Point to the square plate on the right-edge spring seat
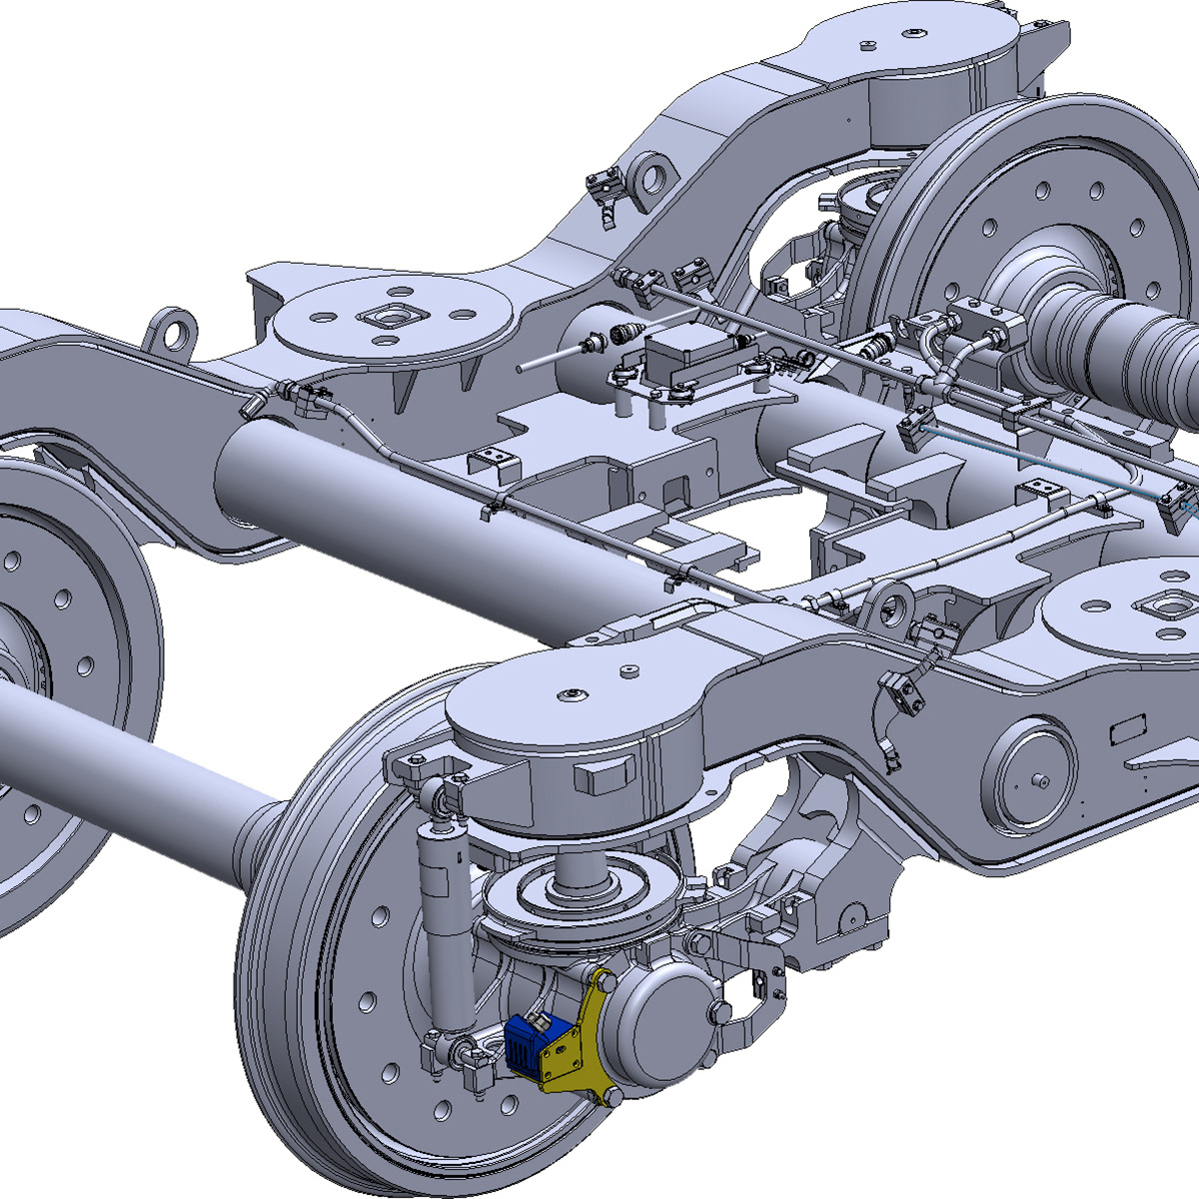[x=1169, y=604]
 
